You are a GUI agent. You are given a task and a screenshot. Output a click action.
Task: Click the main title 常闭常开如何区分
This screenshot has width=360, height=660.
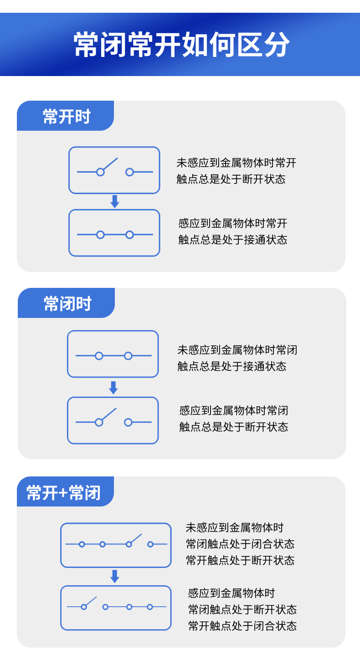tap(181, 45)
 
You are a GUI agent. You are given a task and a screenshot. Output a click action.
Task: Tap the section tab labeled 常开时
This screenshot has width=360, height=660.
tap(67, 117)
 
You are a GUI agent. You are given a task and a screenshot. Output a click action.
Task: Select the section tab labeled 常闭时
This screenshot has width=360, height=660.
tap(67, 304)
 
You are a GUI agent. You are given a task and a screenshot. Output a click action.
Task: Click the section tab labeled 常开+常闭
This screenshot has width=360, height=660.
tap(63, 493)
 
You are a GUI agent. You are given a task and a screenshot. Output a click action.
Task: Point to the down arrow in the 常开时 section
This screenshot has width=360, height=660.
tap(114, 202)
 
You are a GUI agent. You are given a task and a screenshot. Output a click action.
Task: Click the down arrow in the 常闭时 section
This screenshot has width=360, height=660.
tap(113, 388)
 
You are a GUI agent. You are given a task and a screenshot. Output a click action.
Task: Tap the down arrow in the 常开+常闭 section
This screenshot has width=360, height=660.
tap(115, 576)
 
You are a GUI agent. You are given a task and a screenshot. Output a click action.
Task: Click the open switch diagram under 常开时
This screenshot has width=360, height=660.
tap(114, 170)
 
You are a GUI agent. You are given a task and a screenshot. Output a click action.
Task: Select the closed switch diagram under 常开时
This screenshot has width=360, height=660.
tap(114, 233)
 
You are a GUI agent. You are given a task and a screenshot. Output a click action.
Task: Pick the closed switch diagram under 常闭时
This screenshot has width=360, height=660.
tap(113, 354)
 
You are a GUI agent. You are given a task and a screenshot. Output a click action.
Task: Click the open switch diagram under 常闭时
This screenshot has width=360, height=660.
tap(113, 420)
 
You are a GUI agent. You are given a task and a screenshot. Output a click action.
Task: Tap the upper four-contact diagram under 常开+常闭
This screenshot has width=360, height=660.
tap(116, 545)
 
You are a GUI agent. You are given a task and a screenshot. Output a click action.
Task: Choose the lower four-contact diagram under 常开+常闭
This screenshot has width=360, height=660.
tap(116, 608)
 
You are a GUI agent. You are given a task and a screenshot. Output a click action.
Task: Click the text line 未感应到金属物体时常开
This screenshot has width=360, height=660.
tap(236, 163)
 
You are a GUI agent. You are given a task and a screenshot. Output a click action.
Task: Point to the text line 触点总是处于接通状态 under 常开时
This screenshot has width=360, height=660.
tap(232, 240)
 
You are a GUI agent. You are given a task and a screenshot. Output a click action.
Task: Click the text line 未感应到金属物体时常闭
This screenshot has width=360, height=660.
tap(237, 350)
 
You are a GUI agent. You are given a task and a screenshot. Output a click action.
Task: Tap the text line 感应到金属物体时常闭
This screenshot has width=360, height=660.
tap(233, 410)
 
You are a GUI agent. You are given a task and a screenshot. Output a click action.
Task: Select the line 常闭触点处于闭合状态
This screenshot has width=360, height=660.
tap(240, 544)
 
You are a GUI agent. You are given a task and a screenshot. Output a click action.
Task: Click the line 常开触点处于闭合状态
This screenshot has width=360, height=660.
tap(242, 626)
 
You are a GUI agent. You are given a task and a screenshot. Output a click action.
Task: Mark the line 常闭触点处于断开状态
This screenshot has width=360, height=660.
tap(242, 609)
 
